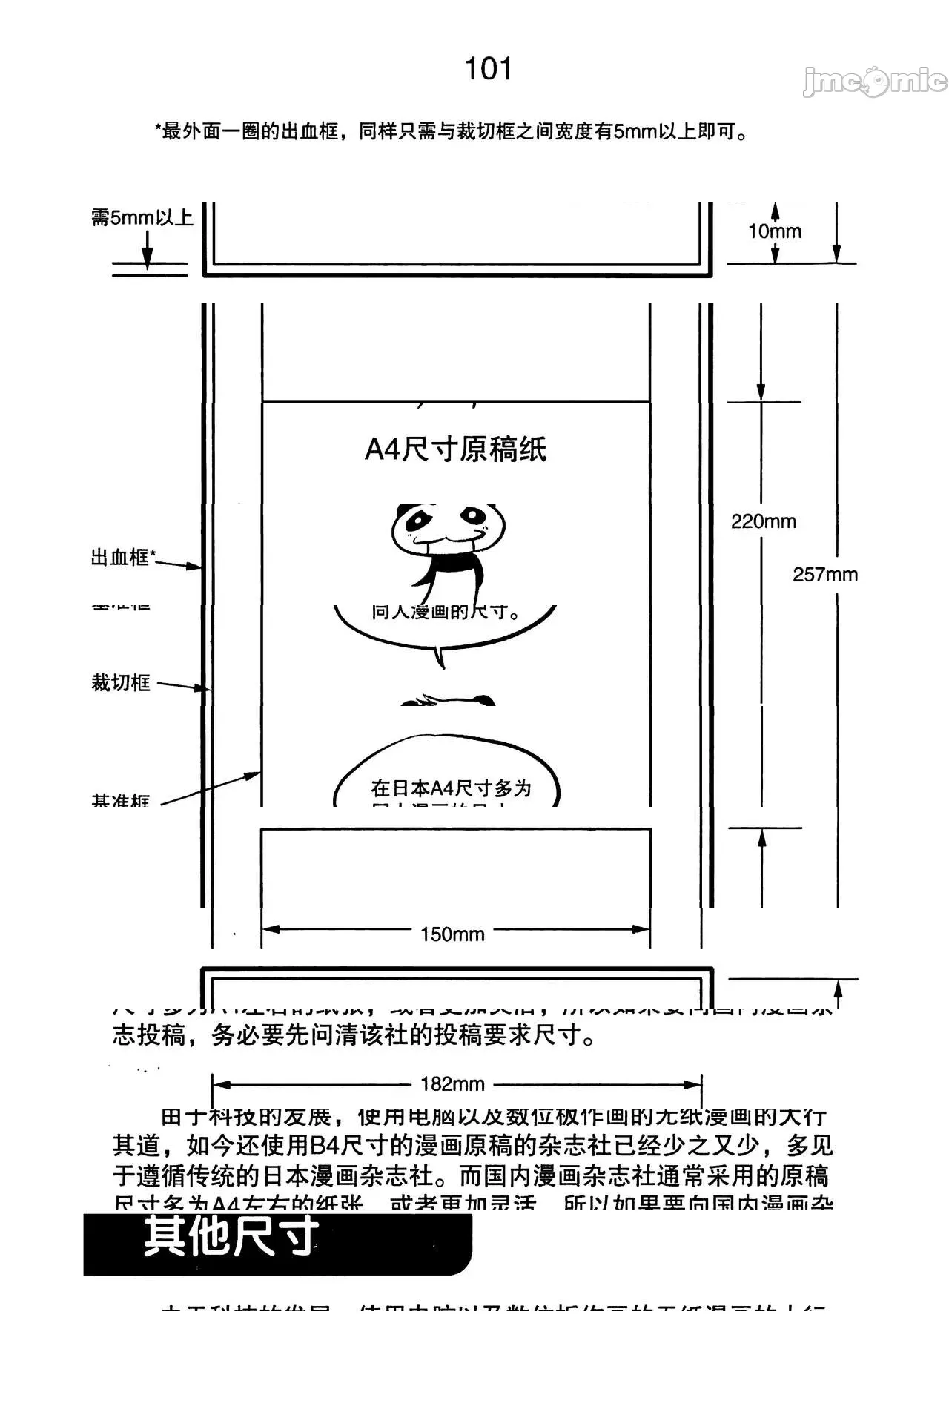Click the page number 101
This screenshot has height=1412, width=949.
(x=488, y=69)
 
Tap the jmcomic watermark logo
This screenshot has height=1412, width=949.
(x=875, y=82)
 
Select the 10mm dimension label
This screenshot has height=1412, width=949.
(x=775, y=231)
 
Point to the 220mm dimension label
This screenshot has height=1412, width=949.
(x=764, y=521)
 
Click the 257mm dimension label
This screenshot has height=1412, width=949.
(x=825, y=575)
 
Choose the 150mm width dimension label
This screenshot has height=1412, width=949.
(x=452, y=934)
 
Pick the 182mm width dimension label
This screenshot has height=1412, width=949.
(x=452, y=1084)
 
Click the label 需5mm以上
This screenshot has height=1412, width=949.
(x=142, y=217)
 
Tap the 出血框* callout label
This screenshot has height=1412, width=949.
(x=123, y=557)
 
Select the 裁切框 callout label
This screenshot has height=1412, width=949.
(x=120, y=682)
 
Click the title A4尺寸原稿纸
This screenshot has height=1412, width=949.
(x=455, y=449)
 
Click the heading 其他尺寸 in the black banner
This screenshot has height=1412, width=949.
(x=231, y=1236)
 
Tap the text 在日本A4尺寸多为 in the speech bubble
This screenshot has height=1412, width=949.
(x=451, y=788)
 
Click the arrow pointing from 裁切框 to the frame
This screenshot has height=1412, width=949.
(x=183, y=686)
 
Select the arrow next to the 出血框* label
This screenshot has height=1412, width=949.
(x=179, y=565)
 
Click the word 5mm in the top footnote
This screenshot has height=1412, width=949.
(x=635, y=132)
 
